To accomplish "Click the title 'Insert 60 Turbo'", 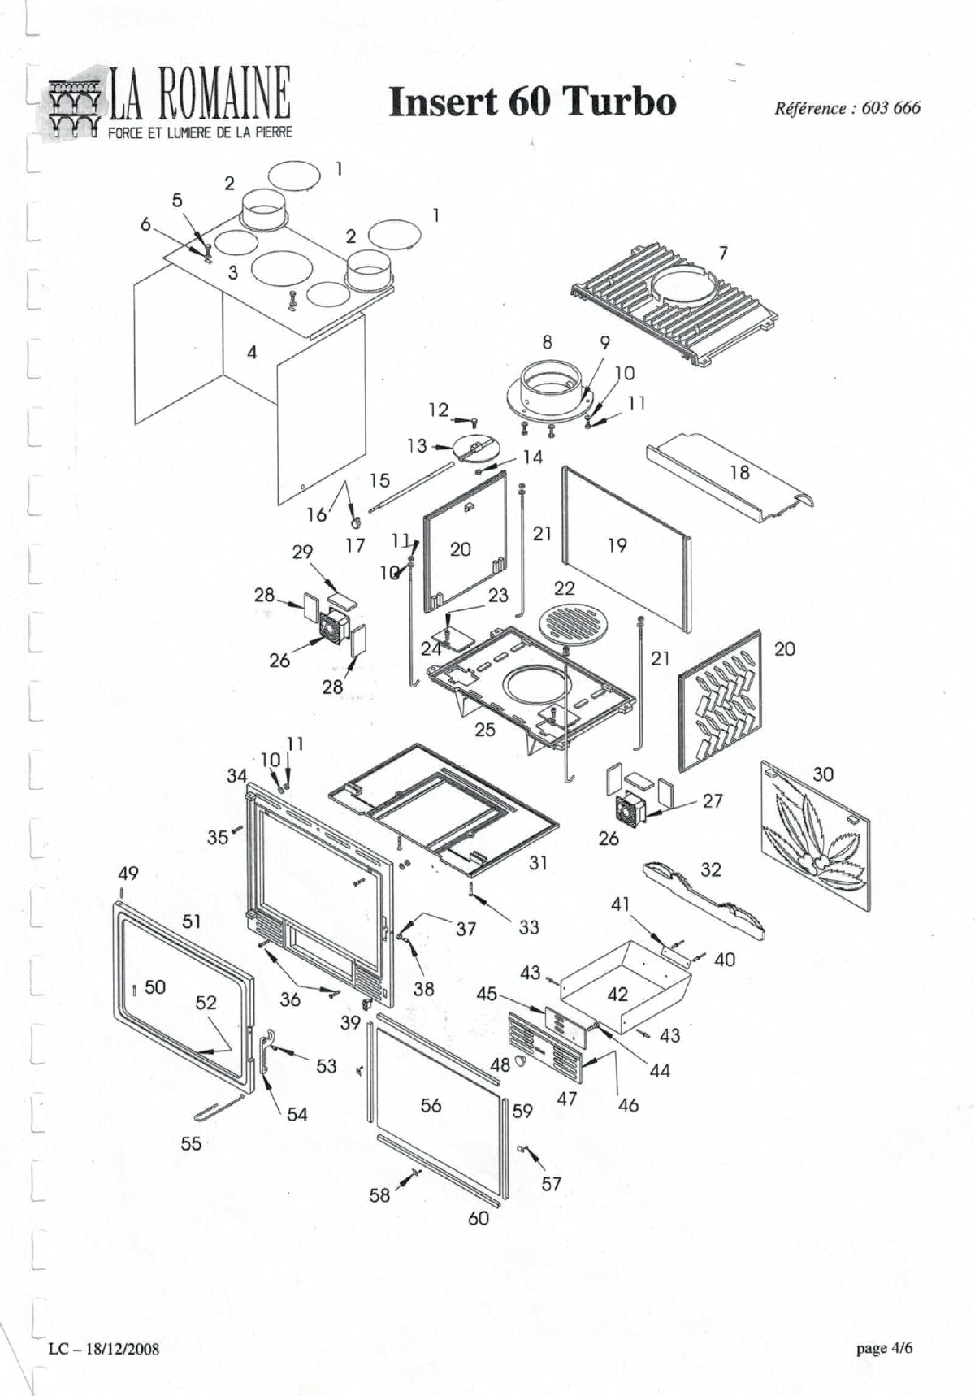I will pyautogui.click(x=532, y=102).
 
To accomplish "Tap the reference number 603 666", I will pyautogui.click(x=891, y=108).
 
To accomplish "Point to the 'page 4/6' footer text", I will pyautogui.click(x=884, y=1348).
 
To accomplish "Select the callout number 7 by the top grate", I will pyautogui.click(x=723, y=254).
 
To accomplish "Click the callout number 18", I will pyautogui.click(x=739, y=472).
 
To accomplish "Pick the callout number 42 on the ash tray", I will pyautogui.click(x=617, y=994).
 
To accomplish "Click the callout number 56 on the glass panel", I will pyautogui.click(x=431, y=1105).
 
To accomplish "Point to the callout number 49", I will pyautogui.click(x=128, y=874).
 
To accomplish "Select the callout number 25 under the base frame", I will pyautogui.click(x=485, y=730).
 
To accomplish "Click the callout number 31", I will pyautogui.click(x=538, y=863).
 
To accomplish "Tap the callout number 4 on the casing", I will pyautogui.click(x=252, y=352).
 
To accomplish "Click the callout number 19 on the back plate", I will pyautogui.click(x=617, y=545).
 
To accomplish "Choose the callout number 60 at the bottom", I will pyautogui.click(x=479, y=1218).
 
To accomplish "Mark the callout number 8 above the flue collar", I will pyautogui.click(x=547, y=342).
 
